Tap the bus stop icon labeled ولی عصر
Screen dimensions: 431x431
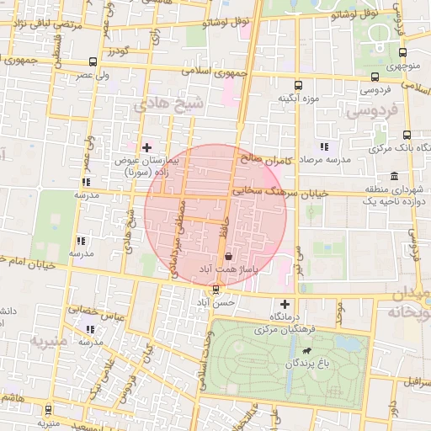(x=92, y=61)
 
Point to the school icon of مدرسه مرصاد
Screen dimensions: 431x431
(x=324, y=147)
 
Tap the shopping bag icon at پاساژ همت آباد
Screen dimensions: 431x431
(x=228, y=256)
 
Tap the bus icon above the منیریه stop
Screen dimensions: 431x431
(x=47, y=410)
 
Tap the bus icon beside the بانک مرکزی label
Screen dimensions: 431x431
(x=407, y=135)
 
